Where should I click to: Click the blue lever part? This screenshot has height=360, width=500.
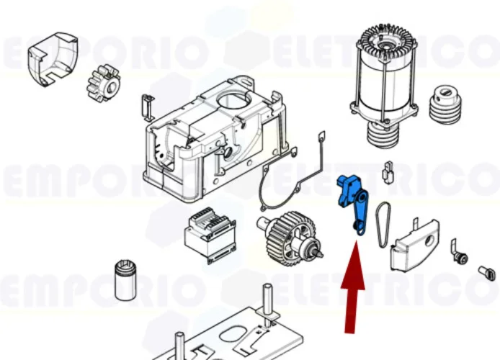354,202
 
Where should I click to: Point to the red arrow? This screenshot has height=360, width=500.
352,288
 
